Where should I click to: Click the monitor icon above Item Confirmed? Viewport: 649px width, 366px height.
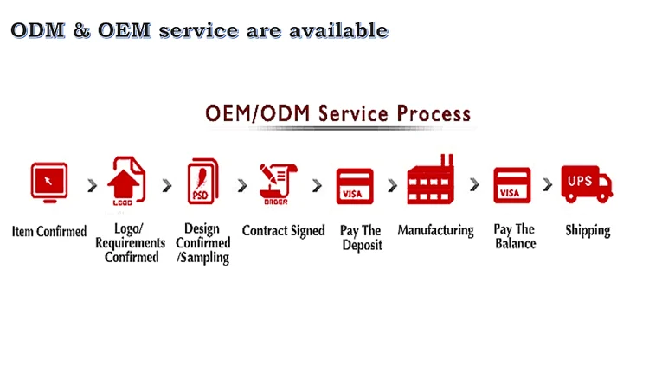click(x=49, y=183)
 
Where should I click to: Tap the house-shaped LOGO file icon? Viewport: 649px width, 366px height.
click(x=126, y=181)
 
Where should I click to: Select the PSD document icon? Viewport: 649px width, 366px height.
click(x=202, y=182)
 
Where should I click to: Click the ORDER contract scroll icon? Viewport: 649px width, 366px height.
click(x=278, y=184)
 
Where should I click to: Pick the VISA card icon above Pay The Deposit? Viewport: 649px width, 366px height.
click(x=355, y=186)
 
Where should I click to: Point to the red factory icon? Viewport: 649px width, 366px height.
click(x=430, y=180)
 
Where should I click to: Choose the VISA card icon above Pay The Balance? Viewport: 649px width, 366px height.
click(x=512, y=185)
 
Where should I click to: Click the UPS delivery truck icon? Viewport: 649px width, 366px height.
click(x=587, y=184)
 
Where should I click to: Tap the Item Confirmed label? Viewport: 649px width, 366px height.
click(x=49, y=231)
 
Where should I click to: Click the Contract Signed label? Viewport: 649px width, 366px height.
click(x=284, y=231)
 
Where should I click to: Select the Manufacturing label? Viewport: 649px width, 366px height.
click(x=436, y=231)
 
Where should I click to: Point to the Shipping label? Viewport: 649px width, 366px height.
click(x=588, y=231)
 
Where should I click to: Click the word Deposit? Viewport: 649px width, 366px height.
click(x=363, y=245)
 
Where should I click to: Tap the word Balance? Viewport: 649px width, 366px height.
click(x=516, y=243)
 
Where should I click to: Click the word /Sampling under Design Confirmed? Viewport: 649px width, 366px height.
click(x=202, y=258)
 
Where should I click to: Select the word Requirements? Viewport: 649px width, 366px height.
click(x=131, y=243)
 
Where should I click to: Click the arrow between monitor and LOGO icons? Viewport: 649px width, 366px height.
click(x=93, y=185)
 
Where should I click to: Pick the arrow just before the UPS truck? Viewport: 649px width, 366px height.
click(x=548, y=184)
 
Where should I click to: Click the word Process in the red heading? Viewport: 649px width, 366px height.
click(x=434, y=114)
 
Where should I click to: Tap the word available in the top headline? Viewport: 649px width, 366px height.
click(x=338, y=30)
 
